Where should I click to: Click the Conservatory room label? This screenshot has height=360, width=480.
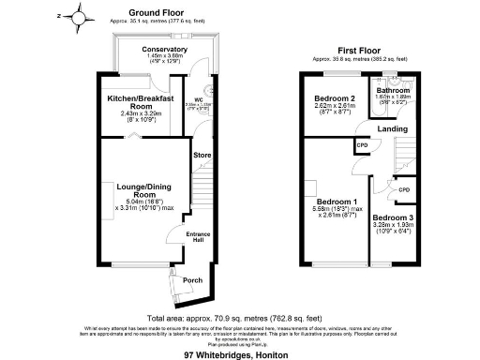[164, 49]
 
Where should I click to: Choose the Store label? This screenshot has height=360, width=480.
[201, 154]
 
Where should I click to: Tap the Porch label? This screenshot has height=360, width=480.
[193, 279]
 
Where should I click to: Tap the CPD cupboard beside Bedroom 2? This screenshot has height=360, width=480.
[361, 145]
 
